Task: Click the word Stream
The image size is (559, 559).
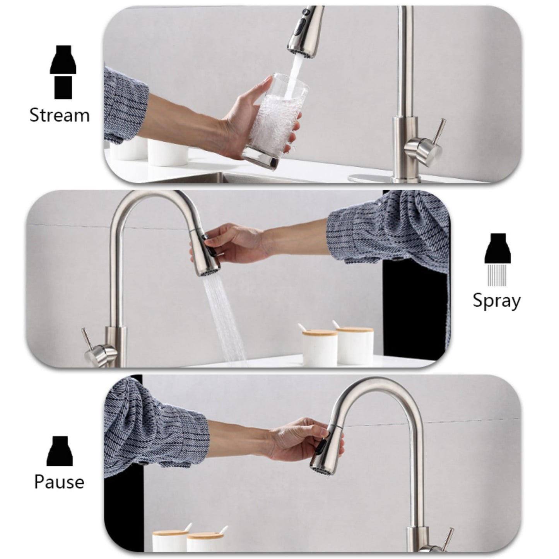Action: tap(60, 115)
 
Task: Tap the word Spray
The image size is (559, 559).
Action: tap(496, 301)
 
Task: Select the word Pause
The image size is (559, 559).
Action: tap(59, 482)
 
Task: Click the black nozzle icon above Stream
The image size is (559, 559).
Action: tap(63, 60)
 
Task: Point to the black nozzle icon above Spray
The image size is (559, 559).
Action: tap(497, 248)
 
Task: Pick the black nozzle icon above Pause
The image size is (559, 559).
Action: tap(60, 451)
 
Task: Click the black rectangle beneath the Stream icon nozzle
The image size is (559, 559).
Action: tap(63, 87)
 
